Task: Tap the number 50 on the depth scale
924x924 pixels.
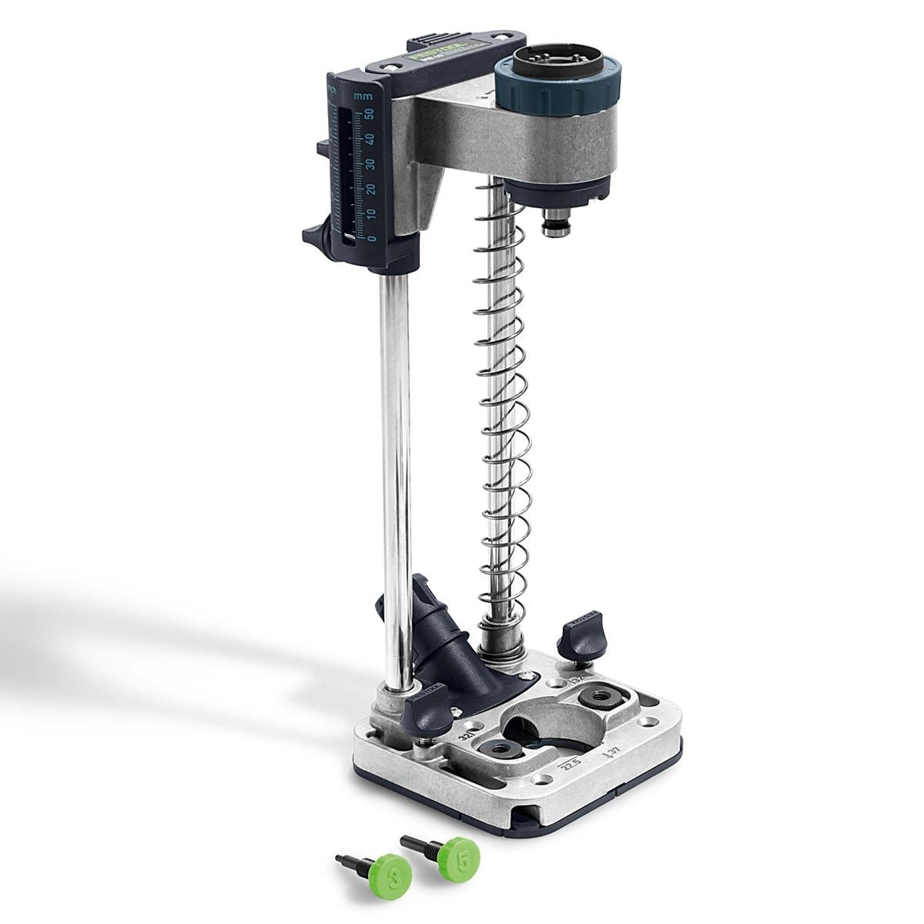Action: pyautogui.click(x=370, y=113)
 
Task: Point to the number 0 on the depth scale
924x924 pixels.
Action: pyautogui.click(x=373, y=238)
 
